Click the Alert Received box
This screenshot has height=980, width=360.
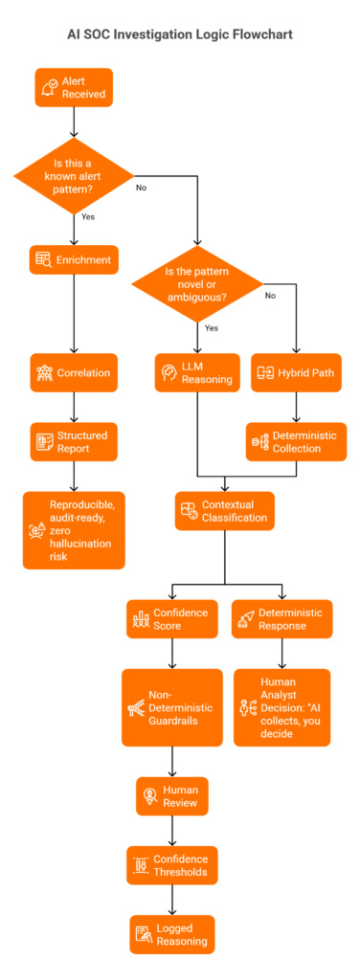point(74,87)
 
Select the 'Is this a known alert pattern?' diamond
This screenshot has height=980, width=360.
point(74,176)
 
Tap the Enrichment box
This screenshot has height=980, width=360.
point(74,259)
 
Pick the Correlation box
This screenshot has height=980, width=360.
point(74,373)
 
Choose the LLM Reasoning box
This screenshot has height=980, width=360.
point(197,373)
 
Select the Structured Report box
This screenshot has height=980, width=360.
point(74,442)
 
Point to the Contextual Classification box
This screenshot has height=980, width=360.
point(225,511)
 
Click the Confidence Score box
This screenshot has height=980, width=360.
point(172,618)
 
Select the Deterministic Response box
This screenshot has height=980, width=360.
point(282,618)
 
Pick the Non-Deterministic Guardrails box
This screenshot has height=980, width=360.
point(172,707)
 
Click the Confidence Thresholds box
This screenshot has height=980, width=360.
point(172,865)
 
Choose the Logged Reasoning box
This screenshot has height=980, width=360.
point(172,934)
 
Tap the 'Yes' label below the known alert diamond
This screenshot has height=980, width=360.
point(88,216)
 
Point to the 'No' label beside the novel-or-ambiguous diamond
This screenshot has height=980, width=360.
point(270,296)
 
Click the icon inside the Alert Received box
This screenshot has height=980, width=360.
point(49,88)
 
